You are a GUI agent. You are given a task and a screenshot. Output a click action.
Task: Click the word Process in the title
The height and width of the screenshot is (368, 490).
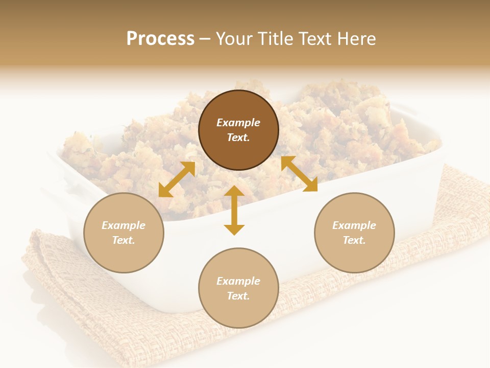click(x=160, y=38)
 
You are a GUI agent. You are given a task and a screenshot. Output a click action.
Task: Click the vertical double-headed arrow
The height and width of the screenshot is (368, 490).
click(x=234, y=210)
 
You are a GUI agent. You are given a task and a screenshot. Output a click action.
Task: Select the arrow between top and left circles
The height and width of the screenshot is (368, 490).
click(x=177, y=179)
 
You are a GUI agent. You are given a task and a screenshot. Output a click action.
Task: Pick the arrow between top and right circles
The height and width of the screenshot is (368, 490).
click(x=299, y=174)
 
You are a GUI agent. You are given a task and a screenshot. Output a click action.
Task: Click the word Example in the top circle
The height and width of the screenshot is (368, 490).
click(x=238, y=123)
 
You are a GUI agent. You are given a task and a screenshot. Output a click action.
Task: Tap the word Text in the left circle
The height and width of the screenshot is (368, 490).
click(x=124, y=240)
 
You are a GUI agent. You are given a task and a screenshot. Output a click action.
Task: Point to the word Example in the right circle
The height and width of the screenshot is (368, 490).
click(x=354, y=225)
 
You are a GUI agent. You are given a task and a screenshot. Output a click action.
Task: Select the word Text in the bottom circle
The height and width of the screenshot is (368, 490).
click(x=238, y=296)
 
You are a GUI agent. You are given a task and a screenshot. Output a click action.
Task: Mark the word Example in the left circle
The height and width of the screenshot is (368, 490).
click(x=124, y=225)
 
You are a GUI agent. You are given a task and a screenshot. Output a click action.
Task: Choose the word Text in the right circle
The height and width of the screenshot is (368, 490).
click(x=354, y=240)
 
